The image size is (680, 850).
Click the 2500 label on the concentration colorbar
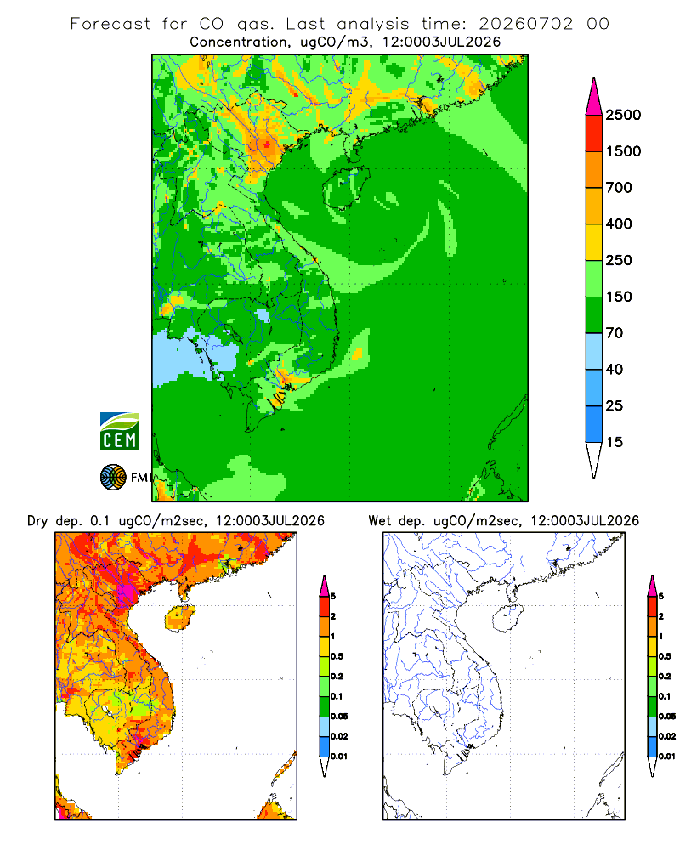pos(623,115)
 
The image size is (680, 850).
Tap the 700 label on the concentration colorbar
pos(619,188)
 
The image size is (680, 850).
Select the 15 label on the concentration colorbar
pos(615,442)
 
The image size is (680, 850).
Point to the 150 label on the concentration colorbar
pos(619,297)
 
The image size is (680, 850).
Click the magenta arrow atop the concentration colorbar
pos(594,98)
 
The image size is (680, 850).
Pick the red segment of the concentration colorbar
pos(594,133)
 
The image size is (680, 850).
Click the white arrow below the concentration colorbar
pos(594,459)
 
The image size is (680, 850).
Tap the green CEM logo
pos(119,432)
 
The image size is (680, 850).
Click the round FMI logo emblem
pos(113,478)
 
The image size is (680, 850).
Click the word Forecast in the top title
pos(110,24)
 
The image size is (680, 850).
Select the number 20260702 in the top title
pos(525,24)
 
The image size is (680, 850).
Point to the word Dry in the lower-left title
pos(37,521)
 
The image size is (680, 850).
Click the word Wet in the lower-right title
pos(379,521)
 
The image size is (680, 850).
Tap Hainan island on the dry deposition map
pos(179,618)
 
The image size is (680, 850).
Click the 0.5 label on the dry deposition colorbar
pos(337,656)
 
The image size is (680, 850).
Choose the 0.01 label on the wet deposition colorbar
pos(667,756)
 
